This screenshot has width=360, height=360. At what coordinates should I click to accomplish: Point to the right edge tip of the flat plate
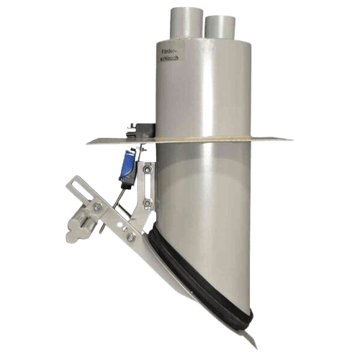292,138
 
